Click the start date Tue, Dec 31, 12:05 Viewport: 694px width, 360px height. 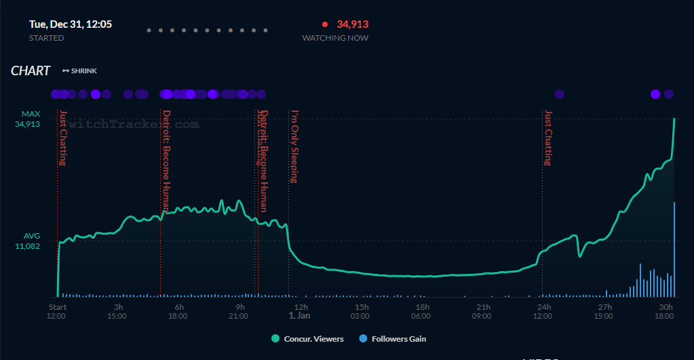(71, 24)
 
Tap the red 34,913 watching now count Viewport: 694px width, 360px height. (352, 24)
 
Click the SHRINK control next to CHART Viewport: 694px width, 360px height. (79, 71)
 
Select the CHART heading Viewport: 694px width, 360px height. (31, 71)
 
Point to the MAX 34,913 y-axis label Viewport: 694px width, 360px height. (31, 119)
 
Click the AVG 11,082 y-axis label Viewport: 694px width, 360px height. (31, 241)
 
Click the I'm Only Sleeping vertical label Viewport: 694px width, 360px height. (294, 146)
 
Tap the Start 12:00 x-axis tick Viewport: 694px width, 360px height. (57, 311)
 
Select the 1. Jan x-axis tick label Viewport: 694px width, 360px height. (299, 315)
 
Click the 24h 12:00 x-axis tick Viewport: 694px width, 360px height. (542, 311)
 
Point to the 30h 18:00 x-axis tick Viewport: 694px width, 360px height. (666, 311)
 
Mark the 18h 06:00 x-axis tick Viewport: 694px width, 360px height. (421, 311)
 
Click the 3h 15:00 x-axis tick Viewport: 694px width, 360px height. (117, 311)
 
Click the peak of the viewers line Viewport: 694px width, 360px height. (674, 119)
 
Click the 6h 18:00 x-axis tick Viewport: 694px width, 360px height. (179, 311)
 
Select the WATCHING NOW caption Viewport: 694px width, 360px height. (335, 39)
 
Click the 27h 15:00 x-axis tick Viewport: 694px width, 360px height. (604, 311)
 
